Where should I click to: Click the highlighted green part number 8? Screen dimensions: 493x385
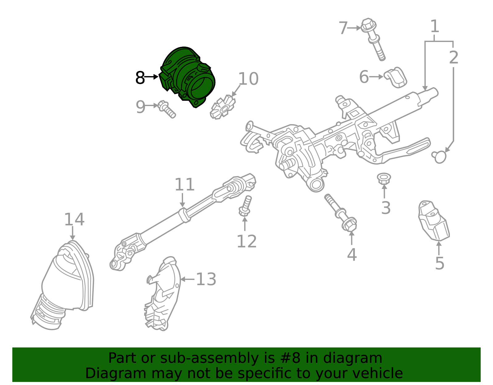point(187,76)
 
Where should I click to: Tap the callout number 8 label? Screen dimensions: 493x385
point(140,78)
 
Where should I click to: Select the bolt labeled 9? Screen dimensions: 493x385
point(167,109)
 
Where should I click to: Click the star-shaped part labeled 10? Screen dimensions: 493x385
point(223,108)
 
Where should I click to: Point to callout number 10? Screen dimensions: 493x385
point(248,79)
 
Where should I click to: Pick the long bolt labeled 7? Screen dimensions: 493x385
point(373,39)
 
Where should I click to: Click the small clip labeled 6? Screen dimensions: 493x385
point(395,77)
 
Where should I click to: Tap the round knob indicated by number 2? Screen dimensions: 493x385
point(439,156)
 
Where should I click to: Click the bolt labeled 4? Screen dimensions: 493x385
point(340,213)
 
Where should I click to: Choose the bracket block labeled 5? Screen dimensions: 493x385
point(434,220)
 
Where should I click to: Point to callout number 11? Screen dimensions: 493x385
point(185,184)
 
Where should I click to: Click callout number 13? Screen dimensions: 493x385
point(206,279)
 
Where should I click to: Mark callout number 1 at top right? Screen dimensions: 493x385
point(434,26)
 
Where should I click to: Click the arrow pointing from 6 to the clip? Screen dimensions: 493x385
point(377,77)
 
